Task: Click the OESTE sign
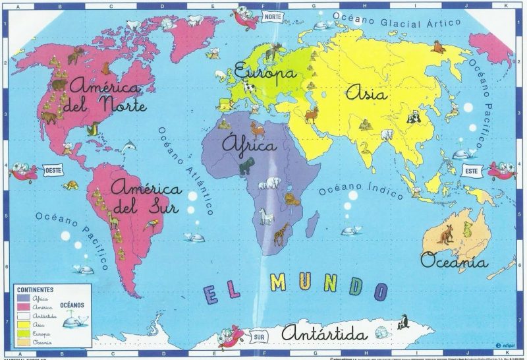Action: click(x=53, y=170)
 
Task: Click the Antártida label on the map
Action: click(x=322, y=332)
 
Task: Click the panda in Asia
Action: click(x=414, y=117)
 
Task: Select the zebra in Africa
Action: click(x=265, y=216)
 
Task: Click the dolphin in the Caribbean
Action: click(x=129, y=146)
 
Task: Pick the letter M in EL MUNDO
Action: click(x=278, y=283)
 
